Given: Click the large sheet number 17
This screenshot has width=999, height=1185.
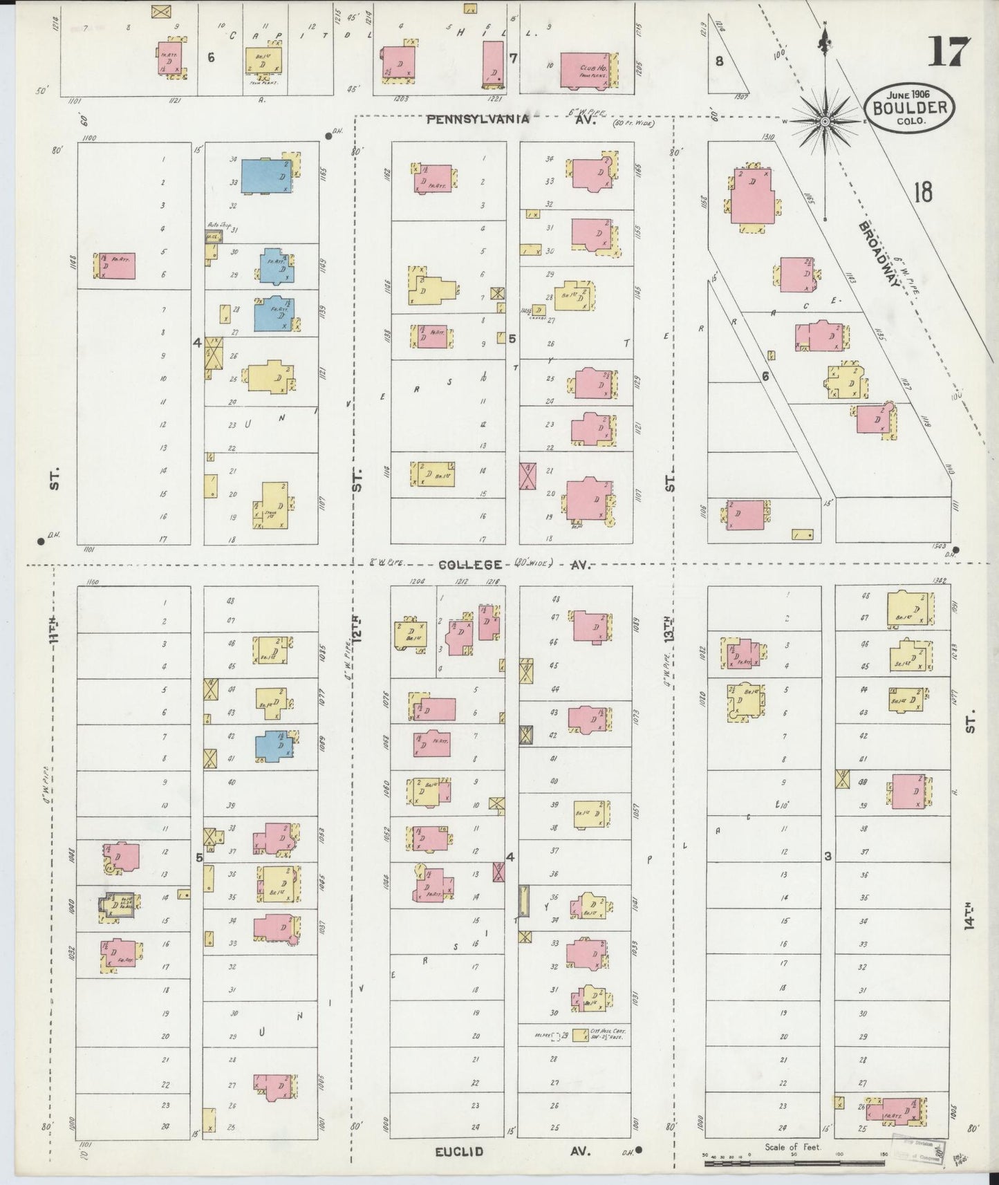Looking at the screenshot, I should pos(949,52).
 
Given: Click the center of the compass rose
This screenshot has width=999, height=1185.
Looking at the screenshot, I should pos(824,122).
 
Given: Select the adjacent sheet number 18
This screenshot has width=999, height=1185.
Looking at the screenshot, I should pos(923,192).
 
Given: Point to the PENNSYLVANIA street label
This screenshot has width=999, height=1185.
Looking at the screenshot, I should pos(478,119).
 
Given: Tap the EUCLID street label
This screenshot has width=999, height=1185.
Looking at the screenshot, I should pos(459,1151).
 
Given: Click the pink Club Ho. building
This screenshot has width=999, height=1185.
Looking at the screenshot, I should pos(586,71).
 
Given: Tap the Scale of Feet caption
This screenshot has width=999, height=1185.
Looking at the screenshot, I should pos(792,1147).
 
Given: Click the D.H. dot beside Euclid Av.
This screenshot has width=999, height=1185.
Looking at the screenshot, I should pos(639,1150).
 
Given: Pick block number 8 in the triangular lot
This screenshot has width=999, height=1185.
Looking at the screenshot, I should pos(719,61).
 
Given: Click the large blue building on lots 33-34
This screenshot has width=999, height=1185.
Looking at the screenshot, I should pos(266,176).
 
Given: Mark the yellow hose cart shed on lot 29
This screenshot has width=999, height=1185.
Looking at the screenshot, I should pos(576,1034).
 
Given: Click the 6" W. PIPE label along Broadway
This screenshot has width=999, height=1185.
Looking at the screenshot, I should pos(907,279).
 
